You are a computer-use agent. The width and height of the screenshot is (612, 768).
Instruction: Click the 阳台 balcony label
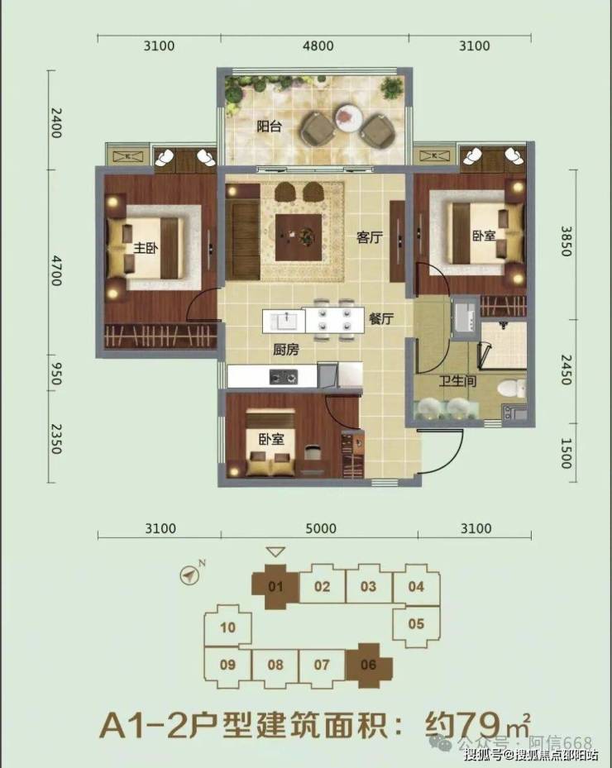point(270,126)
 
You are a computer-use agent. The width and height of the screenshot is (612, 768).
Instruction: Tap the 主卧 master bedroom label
point(146,247)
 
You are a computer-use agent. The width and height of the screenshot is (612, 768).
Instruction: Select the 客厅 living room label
point(370,237)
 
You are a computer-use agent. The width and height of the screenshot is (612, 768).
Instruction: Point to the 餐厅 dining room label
point(381,318)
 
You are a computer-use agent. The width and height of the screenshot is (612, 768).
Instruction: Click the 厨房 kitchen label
point(286,350)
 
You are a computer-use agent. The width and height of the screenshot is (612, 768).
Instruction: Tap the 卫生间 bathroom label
point(457,380)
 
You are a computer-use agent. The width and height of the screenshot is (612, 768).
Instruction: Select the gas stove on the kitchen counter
point(283,377)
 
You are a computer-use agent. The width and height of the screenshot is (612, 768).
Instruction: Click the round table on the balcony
point(348,117)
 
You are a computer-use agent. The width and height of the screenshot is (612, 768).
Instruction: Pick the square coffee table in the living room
point(299,237)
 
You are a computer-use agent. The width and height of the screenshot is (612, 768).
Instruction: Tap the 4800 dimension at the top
point(318,46)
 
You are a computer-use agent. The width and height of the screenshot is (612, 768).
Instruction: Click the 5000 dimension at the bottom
point(321,528)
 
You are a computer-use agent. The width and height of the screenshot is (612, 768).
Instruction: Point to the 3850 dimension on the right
point(566,241)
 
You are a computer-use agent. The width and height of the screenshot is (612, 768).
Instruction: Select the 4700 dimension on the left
point(56,270)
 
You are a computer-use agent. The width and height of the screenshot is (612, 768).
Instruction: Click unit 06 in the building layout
point(369,665)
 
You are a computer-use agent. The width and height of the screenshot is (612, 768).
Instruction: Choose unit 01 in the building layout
point(275,587)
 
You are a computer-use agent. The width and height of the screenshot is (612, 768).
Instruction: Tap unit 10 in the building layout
point(228,627)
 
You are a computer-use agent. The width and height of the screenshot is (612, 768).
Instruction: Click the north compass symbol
point(189,574)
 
